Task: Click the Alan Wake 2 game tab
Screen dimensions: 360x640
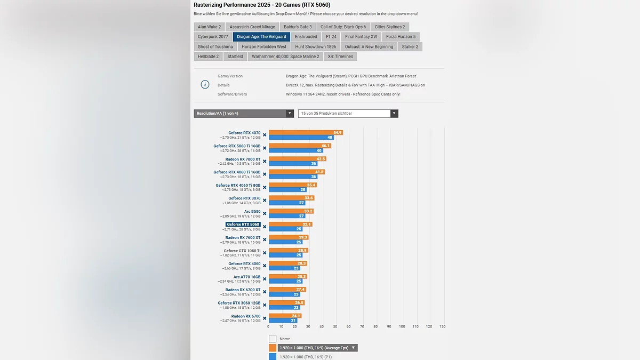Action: [x=209, y=27]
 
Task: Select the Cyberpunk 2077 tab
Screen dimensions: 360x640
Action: [x=213, y=37]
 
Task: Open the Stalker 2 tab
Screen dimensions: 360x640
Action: [x=410, y=47]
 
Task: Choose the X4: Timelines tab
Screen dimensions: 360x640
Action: [x=340, y=57]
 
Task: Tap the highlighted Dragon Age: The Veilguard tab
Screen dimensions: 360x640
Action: [x=261, y=37]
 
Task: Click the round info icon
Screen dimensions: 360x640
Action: [x=205, y=84]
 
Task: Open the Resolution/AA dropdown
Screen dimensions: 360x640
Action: [x=244, y=114]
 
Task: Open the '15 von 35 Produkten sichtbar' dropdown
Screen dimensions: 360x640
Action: [x=348, y=114]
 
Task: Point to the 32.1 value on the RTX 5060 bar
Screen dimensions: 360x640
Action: [x=307, y=225]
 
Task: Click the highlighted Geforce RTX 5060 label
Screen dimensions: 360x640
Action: [x=243, y=225]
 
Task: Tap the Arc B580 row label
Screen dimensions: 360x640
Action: [x=252, y=211]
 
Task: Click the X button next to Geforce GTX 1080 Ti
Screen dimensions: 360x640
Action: [x=265, y=253]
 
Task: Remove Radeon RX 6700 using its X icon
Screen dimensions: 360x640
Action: [x=265, y=318]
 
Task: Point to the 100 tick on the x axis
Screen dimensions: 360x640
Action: [x=402, y=326]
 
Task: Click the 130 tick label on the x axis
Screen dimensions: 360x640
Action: [x=442, y=326]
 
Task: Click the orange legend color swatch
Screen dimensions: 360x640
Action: [x=273, y=348]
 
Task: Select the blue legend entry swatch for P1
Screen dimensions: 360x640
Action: [x=273, y=357]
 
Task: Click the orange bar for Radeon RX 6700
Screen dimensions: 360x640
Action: [x=285, y=316]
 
